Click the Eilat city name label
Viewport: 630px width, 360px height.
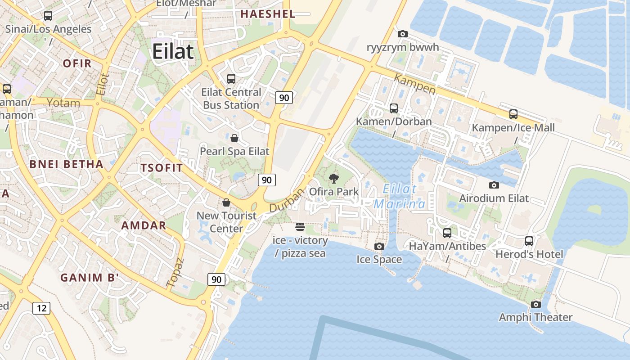tap(173, 52)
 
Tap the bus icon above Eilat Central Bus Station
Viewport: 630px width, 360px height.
tap(231, 79)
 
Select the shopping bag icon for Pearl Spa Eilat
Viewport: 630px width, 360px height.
tap(234, 138)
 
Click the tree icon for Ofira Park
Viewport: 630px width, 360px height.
tap(333, 179)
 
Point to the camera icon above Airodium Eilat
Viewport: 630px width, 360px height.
tap(494, 185)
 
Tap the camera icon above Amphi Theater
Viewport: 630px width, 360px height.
tap(535, 304)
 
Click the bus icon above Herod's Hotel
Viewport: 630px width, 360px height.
tap(529, 241)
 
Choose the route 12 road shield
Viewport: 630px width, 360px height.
tap(41, 308)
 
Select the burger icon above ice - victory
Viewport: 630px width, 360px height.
tap(300, 227)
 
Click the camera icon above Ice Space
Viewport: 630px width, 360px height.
tap(379, 246)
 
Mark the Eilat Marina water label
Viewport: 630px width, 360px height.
tap(400, 196)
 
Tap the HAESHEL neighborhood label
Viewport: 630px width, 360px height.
tap(268, 14)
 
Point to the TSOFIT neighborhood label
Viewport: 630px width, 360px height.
tap(162, 168)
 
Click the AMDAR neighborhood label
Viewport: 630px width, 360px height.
tap(144, 225)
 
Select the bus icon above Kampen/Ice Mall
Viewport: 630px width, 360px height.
tap(513, 114)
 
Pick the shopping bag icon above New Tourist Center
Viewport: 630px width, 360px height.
tap(226, 202)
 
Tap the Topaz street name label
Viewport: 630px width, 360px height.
tap(176, 273)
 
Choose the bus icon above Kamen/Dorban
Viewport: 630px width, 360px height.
tap(394, 108)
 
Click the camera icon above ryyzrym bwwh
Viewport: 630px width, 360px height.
tap(403, 34)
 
